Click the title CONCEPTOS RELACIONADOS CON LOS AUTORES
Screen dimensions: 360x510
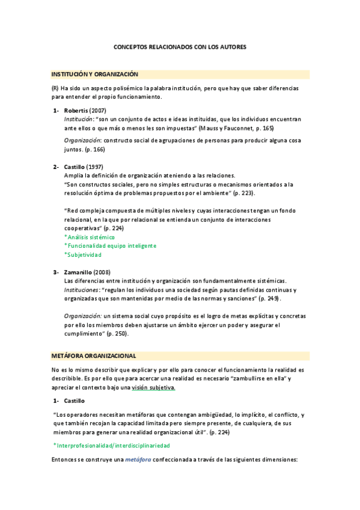click(180, 46)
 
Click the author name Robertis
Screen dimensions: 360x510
click(76, 111)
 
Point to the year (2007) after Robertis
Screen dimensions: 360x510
click(97, 111)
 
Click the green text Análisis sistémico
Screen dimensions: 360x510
click(91, 237)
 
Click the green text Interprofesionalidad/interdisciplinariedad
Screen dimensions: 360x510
click(113, 445)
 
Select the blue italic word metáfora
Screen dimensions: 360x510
click(138, 459)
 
